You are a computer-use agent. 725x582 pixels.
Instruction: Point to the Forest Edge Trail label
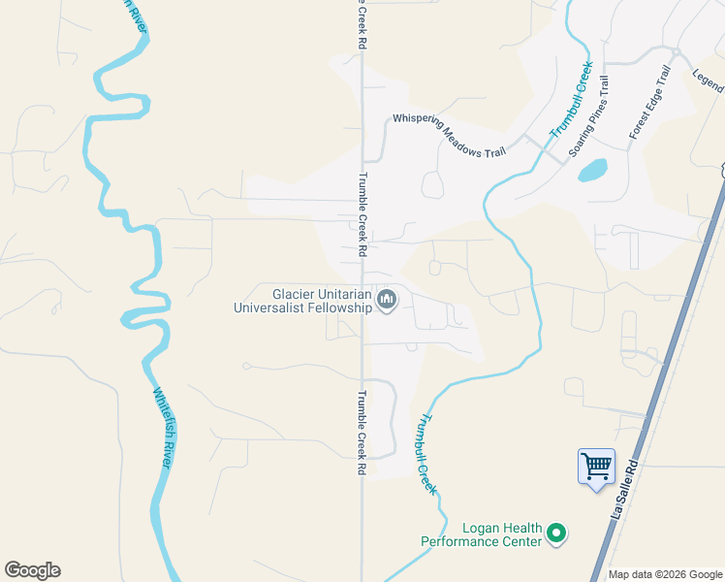tap(650, 102)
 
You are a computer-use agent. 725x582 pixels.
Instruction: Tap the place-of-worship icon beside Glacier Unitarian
tap(387, 300)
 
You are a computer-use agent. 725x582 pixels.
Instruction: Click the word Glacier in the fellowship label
tap(296, 293)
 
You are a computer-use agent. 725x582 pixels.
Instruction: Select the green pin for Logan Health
tap(556, 533)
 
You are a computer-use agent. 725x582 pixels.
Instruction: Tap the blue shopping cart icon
tap(595, 467)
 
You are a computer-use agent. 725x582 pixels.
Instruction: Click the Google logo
tap(32, 570)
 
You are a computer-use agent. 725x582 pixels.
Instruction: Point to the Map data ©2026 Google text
tap(665, 574)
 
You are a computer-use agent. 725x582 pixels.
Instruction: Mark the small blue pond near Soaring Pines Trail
tap(592, 170)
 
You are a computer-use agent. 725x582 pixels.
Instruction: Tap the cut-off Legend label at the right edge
tap(709, 81)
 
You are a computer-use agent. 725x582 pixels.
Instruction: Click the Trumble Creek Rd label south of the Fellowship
tap(362, 432)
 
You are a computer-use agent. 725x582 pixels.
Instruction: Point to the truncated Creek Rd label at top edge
tap(362, 24)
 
